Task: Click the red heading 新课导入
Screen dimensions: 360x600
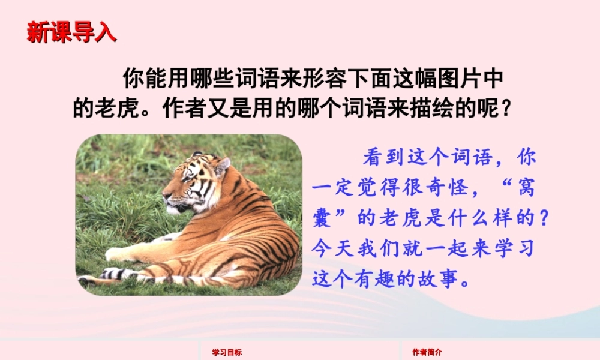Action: [x=71, y=32]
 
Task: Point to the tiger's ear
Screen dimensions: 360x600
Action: [x=222, y=165]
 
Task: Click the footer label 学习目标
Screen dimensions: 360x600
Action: [x=227, y=353]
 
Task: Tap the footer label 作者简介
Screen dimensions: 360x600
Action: [x=427, y=353]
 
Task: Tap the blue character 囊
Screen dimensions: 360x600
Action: [x=324, y=219]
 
